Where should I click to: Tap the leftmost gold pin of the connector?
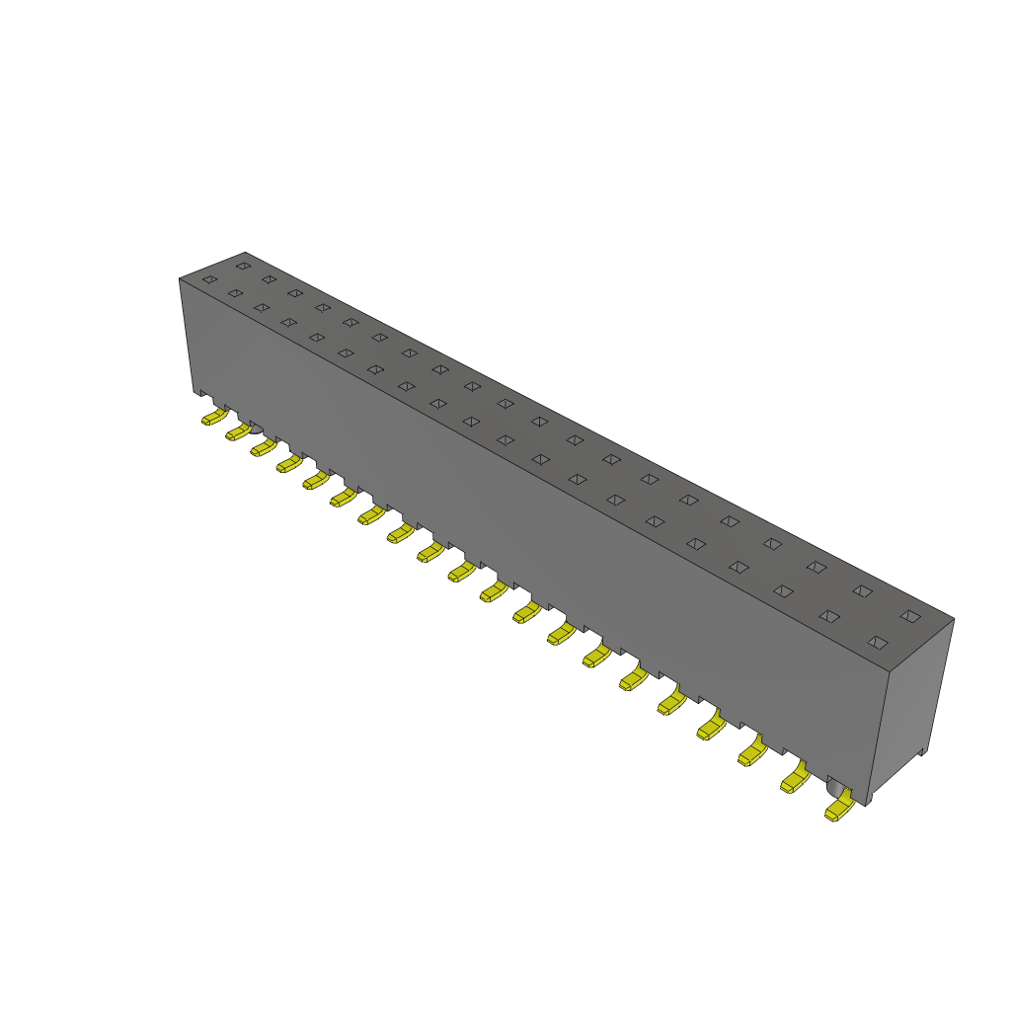pos(212,418)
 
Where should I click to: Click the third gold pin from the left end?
pos(263,448)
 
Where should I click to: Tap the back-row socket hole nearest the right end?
pos(910,616)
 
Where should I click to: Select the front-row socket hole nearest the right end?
pos(877,642)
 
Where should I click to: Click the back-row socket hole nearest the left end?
pos(243,266)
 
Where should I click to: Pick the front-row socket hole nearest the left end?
pos(209,279)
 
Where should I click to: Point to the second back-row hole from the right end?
pos(862,591)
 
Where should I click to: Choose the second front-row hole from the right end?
pos(829,616)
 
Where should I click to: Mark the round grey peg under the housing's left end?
pos(254,427)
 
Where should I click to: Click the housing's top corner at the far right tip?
pos(954,620)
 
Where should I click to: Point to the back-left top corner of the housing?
pos(245,253)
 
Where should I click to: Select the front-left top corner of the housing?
pos(180,279)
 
